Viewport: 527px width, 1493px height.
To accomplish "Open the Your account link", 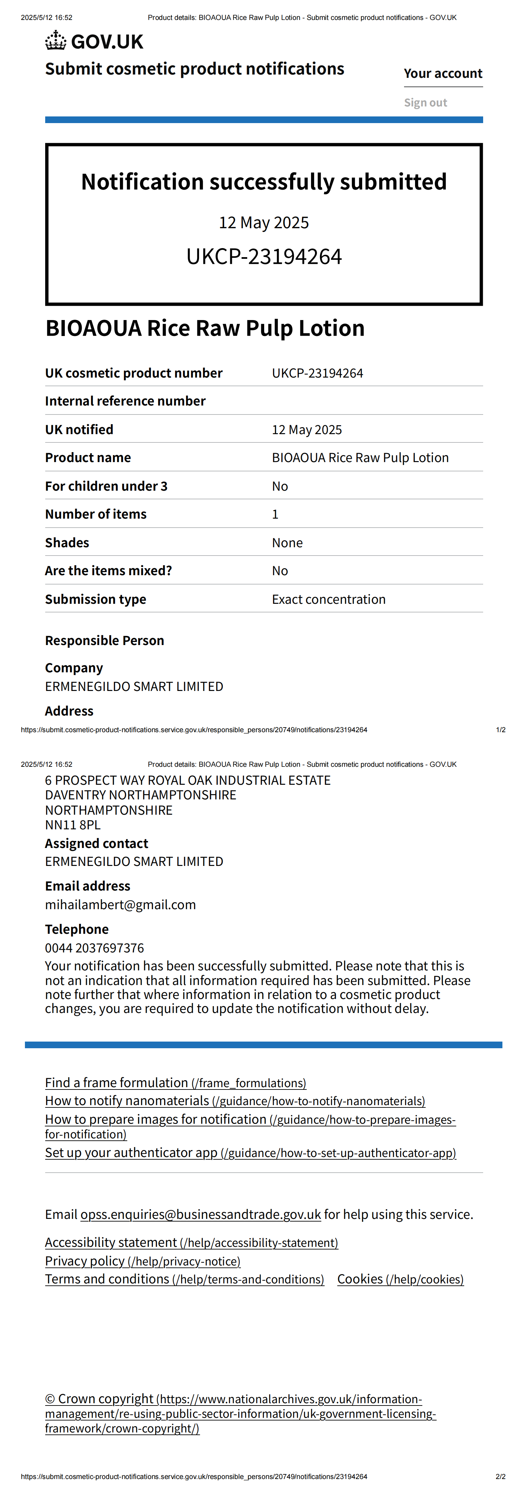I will (x=443, y=74).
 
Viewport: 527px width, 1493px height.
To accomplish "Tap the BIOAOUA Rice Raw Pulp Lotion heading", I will (x=205, y=328).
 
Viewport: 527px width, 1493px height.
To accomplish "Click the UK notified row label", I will (x=79, y=429).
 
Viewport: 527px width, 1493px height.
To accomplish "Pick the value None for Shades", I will (x=287, y=543).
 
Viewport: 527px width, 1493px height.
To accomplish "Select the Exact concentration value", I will (x=328, y=599).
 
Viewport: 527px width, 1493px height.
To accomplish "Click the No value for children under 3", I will (x=280, y=486).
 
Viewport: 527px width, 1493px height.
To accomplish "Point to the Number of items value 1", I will (x=275, y=514).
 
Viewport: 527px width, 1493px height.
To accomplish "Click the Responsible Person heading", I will (x=105, y=640).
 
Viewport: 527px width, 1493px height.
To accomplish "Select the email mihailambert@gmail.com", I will (x=121, y=905).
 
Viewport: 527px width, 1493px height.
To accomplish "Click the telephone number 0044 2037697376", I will (x=94, y=948).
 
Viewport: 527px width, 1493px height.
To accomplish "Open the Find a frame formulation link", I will (x=175, y=1082).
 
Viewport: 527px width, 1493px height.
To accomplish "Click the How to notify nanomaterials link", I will (x=235, y=1101).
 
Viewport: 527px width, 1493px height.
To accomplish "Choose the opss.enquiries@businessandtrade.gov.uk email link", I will (x=200, y=1214).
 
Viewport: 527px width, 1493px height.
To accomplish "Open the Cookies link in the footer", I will (x=400, y=1279).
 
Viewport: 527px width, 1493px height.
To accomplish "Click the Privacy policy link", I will (x=143, y=1261).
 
